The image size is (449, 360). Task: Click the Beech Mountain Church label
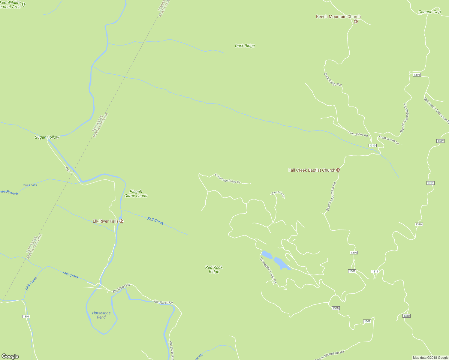(338, 17)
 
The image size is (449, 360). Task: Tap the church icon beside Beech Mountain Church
(356, 22)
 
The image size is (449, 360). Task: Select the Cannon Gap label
(429, 12)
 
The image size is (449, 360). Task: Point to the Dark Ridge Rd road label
(333, 79)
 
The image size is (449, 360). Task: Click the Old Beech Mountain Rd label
(436, 110)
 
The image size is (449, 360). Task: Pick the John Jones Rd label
(358, 134)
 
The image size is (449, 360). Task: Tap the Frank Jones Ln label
(389, 140)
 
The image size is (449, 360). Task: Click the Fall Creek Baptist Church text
(312, 170)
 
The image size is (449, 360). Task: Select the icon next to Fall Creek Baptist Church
(338, 170)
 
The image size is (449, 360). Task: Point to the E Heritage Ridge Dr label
(228, 178)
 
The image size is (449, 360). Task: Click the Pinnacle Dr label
(278, 194)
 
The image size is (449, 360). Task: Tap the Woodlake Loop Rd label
(268, 271)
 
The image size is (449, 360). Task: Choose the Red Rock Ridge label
(214, 269)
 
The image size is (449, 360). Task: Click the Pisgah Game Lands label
(136, 193)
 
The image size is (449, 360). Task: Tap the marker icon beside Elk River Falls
(122, 221)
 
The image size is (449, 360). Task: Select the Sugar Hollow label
(47, 137)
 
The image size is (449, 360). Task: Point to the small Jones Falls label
(29, 185)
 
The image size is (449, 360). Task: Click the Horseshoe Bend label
(101, 315)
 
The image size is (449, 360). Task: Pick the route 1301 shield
(26, 316)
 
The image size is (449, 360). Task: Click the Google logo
(10, 356)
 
